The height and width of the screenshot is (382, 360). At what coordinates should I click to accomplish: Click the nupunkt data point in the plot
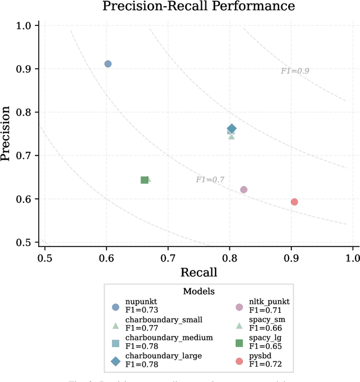click(x=108, y=64)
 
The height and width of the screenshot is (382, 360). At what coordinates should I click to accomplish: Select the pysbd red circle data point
click(x=294, y=202)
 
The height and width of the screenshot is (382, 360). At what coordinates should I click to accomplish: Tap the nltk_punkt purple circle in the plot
click(x=244, y=190)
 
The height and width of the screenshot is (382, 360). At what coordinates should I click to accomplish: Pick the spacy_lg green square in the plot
click(x=145, y=180)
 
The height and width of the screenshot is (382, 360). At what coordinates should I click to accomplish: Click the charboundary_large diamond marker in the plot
click(x=231, y=129)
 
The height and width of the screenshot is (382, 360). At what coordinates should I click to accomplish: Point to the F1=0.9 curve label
click(x=295, y=71)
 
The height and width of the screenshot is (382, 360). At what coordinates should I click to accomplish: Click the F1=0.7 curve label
click(x=210, y=180)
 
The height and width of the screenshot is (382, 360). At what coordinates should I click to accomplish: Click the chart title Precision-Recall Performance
click(x=198, y=7)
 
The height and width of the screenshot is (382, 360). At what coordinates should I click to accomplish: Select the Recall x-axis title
click(x=199, y=272)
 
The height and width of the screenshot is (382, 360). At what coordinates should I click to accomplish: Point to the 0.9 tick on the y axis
click(x=26, y=69)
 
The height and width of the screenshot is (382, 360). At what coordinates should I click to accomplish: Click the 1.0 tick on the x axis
click(x=352, y=257)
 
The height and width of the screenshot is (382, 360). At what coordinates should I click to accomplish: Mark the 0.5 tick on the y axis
click(x=26, y=242)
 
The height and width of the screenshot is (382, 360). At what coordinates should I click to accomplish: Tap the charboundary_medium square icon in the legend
click(x=115, y=343)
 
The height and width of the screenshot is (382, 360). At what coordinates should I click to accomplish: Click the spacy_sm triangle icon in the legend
click(x=238, y=325)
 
